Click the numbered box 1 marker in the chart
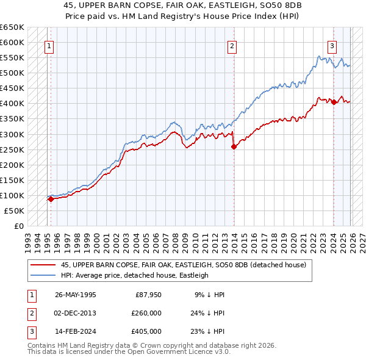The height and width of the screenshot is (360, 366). (x=49, y=45)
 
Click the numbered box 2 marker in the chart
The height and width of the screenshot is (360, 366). (x=232, y=45)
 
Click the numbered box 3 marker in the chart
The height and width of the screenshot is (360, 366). (x=332, y=45)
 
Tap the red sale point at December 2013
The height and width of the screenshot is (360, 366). (x=234, y=146)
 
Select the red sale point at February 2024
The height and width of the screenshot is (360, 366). (x=334, y=103)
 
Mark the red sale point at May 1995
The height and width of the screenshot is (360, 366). (x=51, y=199)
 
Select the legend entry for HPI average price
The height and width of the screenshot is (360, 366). (x=134, y=275)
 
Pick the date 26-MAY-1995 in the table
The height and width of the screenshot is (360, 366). (x=75, y=295)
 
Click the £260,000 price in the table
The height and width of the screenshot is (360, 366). (x=146, y=313)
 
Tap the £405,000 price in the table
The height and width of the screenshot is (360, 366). (x=146, y=331)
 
